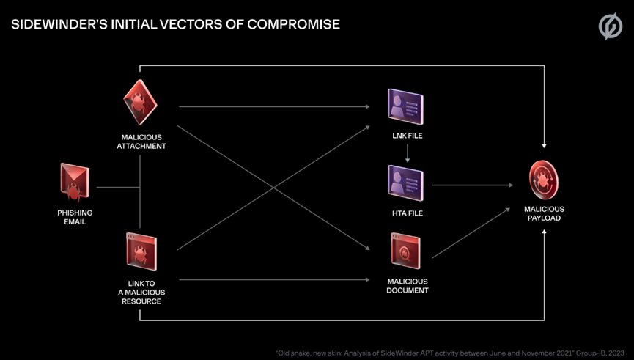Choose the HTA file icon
click(406, 183)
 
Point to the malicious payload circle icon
click(545, 181)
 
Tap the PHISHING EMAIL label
click(74, 217)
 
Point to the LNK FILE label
click(406, 137)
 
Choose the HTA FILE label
click(406, 213)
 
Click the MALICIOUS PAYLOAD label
click(545, 213)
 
